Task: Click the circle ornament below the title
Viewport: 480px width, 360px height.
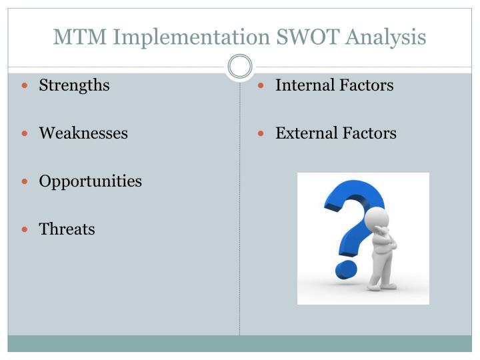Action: pos(240,67)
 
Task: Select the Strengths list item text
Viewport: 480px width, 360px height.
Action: pos(74,85)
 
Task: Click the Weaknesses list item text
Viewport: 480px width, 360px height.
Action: pos(83,133)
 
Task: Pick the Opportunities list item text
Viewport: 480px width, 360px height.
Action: pos(90,181)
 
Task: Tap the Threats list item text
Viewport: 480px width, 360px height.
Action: pos(67,229)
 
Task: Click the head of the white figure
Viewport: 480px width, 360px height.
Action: pos(378,219)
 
